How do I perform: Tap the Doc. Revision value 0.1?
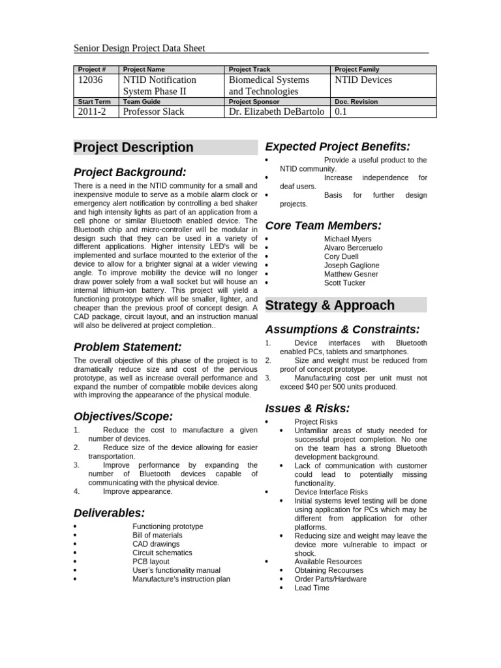342,112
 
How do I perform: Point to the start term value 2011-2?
91,112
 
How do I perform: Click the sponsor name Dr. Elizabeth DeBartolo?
277,112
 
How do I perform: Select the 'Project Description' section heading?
134,147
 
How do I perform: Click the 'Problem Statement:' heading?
128,346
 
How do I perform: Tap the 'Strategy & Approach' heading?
330,305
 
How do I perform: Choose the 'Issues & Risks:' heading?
307,409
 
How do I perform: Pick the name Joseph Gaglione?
351,266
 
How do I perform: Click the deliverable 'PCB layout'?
151,561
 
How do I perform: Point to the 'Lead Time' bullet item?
312,588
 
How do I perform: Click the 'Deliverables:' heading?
109,513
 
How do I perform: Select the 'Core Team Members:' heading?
324,226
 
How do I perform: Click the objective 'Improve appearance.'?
138,491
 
